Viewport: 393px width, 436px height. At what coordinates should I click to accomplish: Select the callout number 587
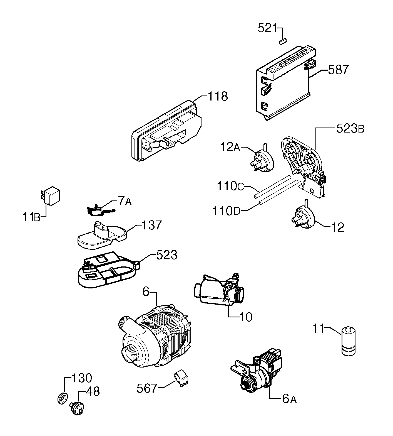[338, 70]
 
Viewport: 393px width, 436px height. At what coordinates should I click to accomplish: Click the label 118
[218, 96]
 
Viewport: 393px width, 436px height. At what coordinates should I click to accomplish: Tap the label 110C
[230, 186]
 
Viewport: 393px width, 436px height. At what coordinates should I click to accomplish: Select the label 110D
[227, 211]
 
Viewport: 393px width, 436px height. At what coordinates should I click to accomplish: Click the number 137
[152, 225]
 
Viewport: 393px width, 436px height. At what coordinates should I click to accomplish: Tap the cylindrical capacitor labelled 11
[348, 341]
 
